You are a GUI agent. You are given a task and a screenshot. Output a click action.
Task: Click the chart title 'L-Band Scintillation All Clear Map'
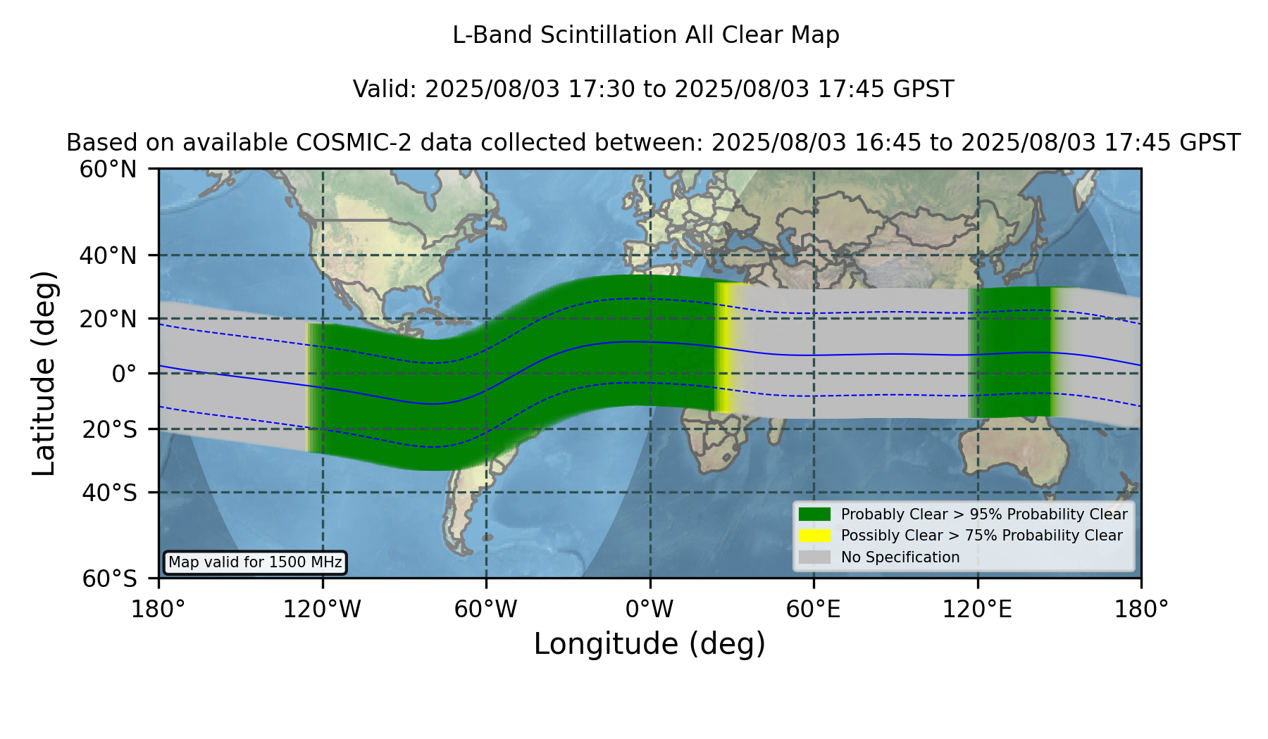tap(646, 35)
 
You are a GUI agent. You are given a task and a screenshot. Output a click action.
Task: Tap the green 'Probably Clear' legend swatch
tap(815, 514)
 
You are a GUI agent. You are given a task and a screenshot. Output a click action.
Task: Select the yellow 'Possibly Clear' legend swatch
tap(815, 536)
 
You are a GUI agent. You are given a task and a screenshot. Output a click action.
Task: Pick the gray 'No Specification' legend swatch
tap(815, 557)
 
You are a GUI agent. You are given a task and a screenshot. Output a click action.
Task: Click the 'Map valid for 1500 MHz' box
tap(256, 562)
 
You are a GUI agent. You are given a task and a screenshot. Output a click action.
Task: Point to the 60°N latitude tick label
tap(108, 170)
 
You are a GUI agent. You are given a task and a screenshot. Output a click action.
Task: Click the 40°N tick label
tap(108, 255)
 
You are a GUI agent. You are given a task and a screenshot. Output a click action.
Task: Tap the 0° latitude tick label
tap(124, 374)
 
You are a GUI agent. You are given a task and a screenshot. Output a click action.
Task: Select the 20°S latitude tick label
tap(109, 429)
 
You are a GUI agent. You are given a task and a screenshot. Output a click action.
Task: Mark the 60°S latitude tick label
tap(109, 579)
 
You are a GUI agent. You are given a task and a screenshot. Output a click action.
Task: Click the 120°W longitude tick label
tap(322, 609)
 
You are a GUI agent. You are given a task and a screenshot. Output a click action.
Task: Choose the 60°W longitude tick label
tap(486, 609)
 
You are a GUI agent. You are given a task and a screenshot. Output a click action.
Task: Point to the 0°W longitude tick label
tap(649, 609)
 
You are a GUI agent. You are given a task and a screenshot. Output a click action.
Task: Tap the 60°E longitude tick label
tap(814, 609)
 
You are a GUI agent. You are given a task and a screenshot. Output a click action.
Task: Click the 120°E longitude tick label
tap(977, 609)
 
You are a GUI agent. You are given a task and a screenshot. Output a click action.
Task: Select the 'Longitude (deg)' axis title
tap(649, 644)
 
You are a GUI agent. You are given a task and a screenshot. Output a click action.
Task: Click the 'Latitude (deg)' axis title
tap(44, 373)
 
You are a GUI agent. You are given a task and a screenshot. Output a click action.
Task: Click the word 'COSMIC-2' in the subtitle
tap(344, 143)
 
